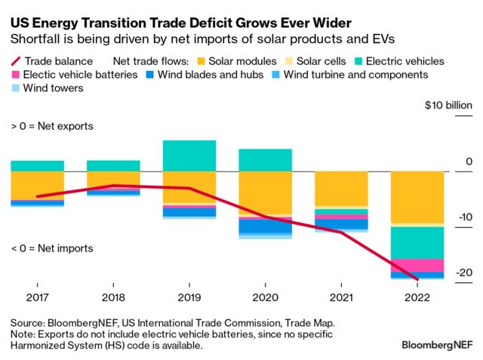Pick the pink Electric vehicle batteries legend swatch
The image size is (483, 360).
15,74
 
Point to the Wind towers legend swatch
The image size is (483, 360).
15,88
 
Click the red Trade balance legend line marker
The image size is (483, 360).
15,60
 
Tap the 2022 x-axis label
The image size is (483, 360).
417,297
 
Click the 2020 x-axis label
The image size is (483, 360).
266,297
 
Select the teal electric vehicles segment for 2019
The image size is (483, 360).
189,155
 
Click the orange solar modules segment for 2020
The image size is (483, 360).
266,192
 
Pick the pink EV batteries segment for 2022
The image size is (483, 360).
417,266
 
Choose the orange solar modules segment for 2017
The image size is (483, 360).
37,185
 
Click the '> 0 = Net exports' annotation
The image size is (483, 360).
52,126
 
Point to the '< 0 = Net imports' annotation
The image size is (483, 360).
52,248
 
